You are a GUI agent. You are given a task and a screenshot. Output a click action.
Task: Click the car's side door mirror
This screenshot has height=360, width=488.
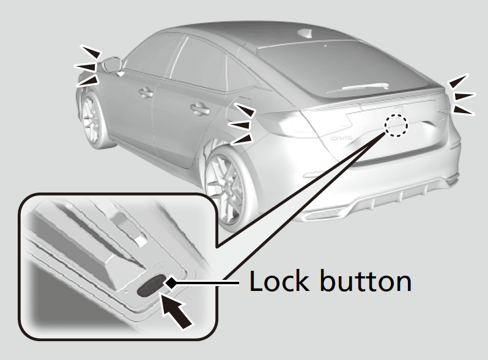[x=112, y=64]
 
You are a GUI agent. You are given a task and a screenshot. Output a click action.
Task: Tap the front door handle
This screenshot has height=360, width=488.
[x=146, y=93]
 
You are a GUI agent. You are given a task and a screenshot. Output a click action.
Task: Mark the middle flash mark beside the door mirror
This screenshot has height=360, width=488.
[x=86, y=64]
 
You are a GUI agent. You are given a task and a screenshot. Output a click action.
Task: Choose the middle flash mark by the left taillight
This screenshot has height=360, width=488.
[x=242, y=124]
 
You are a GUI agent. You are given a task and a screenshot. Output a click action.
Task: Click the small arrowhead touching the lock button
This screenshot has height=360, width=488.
[x=172, y=282]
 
